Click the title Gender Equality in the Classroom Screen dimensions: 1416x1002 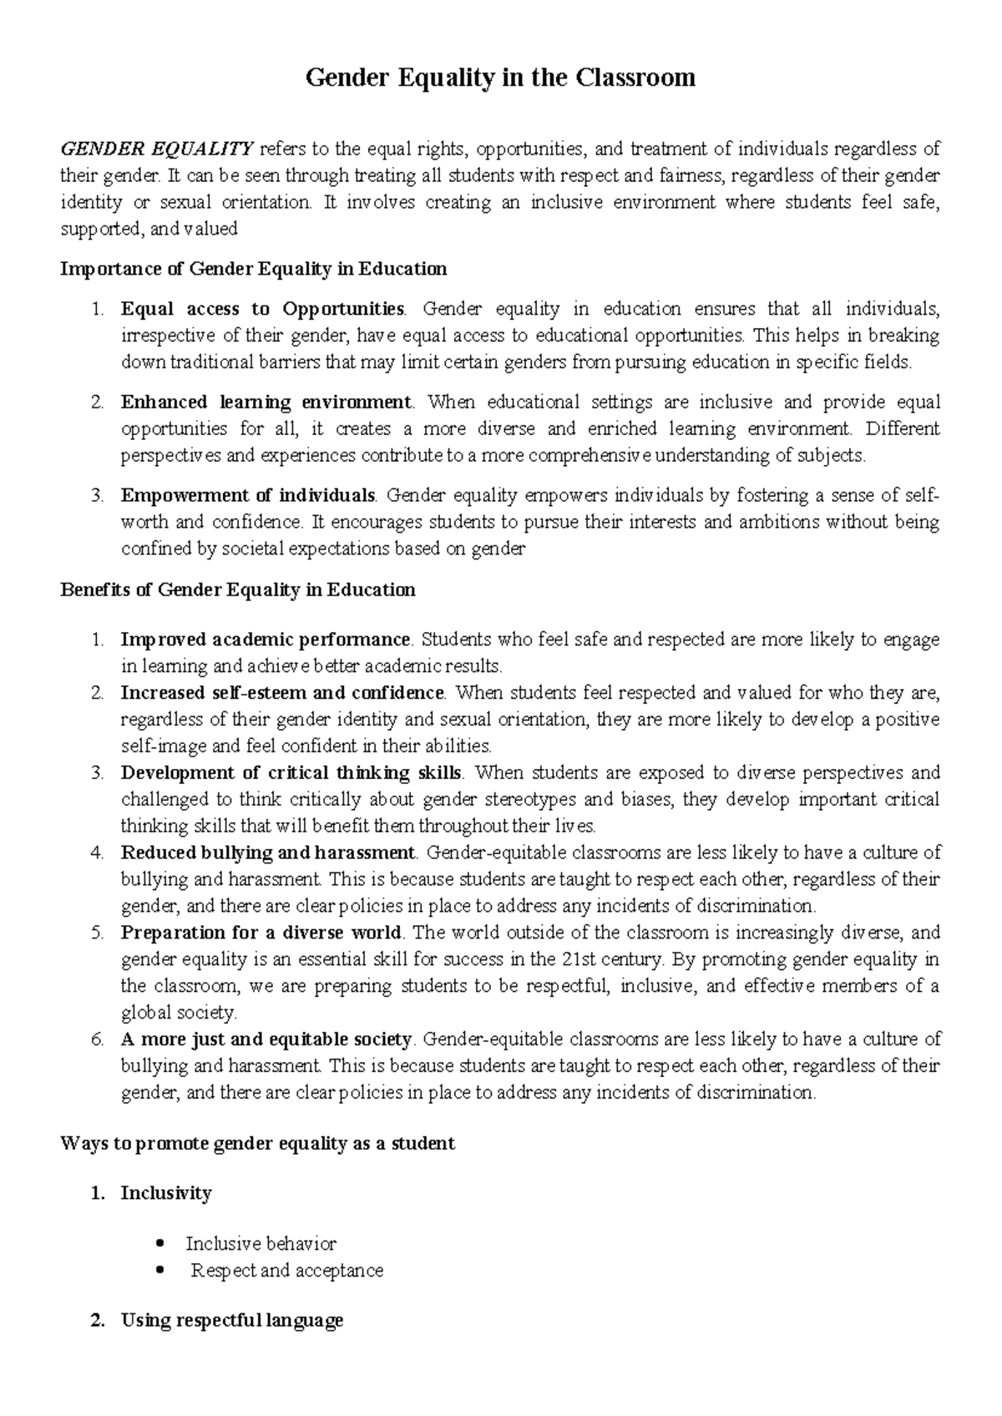tap(500, 78)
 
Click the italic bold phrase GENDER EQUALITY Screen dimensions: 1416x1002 tap(157, 149)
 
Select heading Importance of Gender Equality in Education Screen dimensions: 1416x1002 tap(254, 269)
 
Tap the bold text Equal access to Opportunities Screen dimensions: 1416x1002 tap(262, 309)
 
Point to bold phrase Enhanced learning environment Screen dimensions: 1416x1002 tap(266, 402)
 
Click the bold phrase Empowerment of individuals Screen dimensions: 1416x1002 tap(248, 496)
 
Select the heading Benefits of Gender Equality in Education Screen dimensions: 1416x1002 tap(238, 589)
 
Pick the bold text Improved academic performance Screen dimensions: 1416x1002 tap(266, 640)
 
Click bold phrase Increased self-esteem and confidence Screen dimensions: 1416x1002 tap(283, 693)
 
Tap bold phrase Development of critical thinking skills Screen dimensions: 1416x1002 tap(291, 772)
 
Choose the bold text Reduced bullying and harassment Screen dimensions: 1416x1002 tap(267, 853)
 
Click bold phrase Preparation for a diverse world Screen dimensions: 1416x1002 tap(261, 933)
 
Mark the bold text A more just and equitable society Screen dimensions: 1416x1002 tap(266, 1039)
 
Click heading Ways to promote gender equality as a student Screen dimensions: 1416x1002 tap(258, 1143)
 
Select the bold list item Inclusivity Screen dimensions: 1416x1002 tap(166, 1193)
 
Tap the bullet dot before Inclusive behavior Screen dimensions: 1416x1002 tap(159, 1244)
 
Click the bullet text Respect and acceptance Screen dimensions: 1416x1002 tap(287, 1271)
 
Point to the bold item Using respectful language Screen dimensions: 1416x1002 tap(232, 1321)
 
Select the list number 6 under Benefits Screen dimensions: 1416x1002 tap(98, 1039)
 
